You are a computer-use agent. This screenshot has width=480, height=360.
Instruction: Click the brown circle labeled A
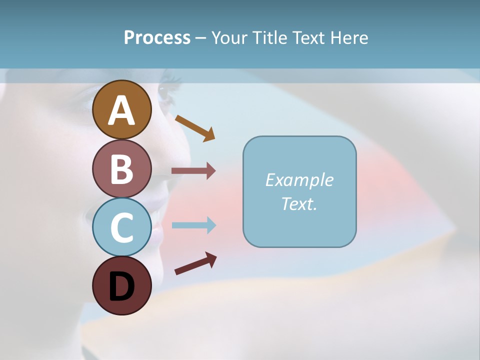pos(121,109)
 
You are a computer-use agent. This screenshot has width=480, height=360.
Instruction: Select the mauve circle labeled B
pos(121,168)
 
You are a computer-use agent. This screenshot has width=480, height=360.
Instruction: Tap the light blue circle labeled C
pos(121,227)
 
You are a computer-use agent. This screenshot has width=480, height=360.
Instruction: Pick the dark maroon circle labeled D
pos(121,285)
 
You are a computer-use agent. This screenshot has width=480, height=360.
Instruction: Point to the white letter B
pos(121,169)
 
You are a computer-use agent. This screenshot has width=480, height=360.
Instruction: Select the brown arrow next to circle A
pos(195,127)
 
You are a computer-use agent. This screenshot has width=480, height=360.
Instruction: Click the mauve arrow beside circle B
pos(193,171)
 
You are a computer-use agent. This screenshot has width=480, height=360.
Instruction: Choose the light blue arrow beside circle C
pos(193,225)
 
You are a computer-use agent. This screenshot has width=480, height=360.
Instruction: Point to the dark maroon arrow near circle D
pos(195,263)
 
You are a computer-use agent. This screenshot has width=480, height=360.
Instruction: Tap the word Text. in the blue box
pos(299,203)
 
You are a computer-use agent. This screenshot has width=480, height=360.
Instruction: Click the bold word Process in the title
pos(157,38)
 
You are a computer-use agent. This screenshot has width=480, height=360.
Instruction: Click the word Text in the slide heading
pos(310,38)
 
